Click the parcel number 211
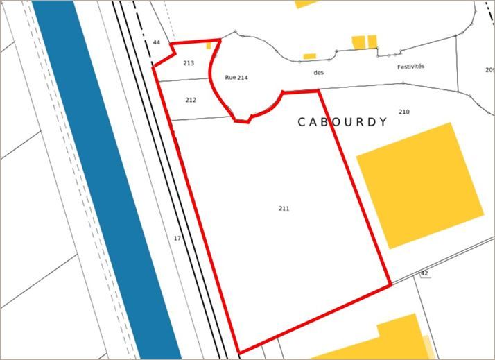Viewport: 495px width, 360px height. (x=284, y=208)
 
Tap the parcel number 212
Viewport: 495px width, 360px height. (x=191, y=100)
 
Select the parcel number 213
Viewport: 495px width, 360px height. (x=189, y=63)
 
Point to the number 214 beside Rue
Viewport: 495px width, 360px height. (x=243, y=78)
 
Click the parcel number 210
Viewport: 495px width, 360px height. (x=404, y=112)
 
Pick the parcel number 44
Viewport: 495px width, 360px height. (x=157, y=43)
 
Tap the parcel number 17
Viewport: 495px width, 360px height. (x=177, y=238)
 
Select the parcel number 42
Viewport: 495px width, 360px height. (x=424, y=273)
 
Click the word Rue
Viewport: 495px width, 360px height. (x=230, y=77)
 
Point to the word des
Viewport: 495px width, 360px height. (x=319, y=71)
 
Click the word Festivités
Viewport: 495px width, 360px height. (x=410, y=67)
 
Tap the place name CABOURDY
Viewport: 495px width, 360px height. (x=342, y=122)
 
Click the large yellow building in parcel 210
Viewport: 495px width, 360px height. (x=419, y=185)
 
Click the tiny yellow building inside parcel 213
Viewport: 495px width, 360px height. (x=209, y=46)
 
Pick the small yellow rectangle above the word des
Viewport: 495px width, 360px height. (x=309, y=56)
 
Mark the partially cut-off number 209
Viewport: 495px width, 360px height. (x=489, y=69)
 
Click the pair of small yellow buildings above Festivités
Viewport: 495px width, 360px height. (x=365, y=42)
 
